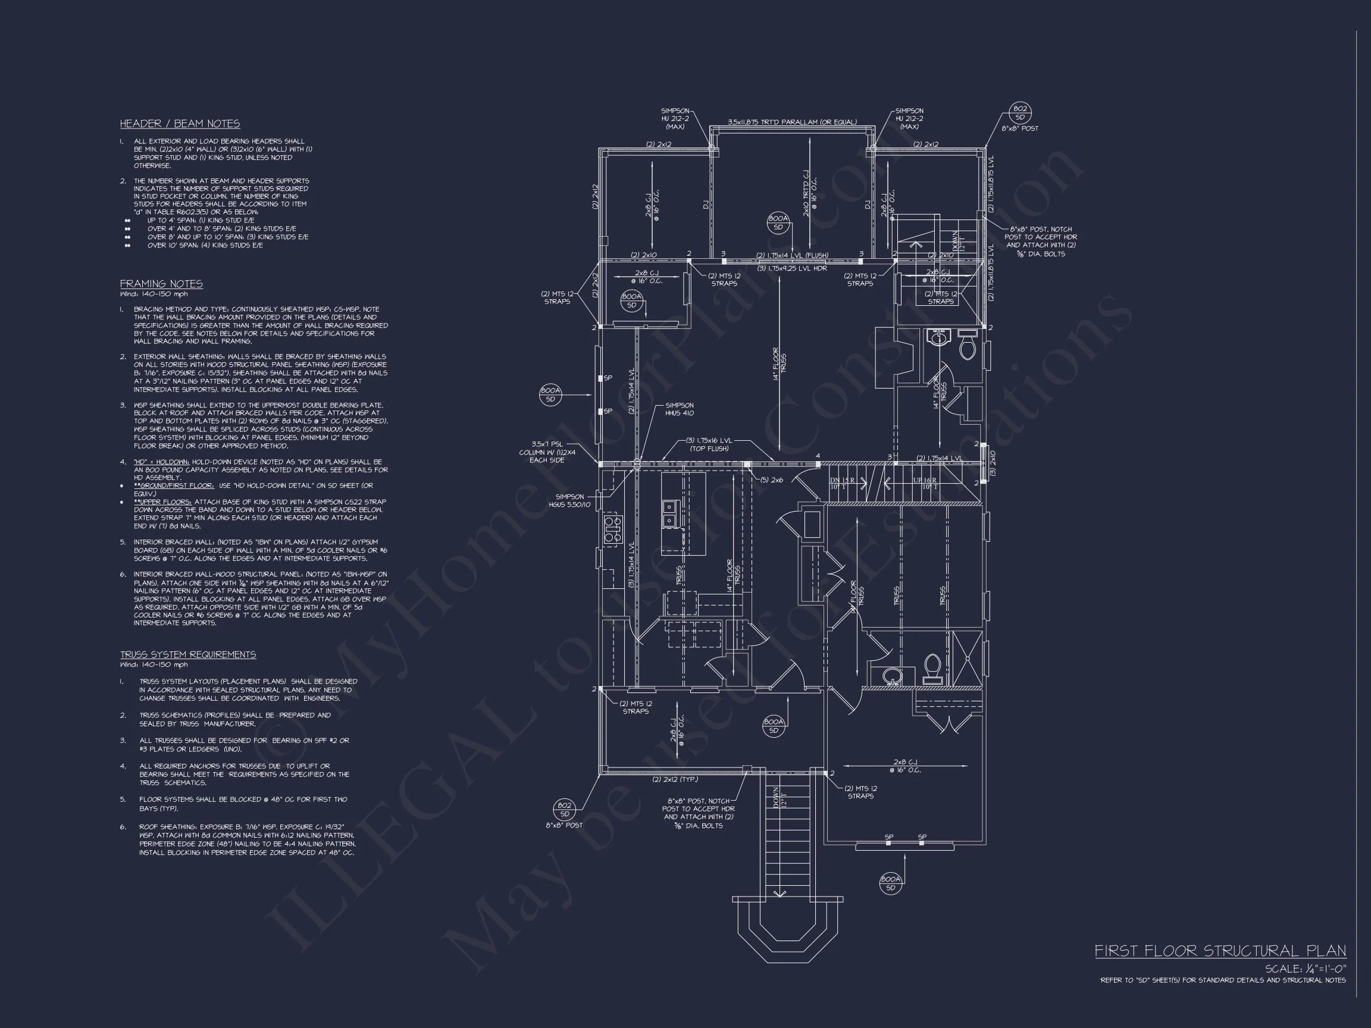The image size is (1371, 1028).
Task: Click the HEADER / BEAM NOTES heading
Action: click(x=180, y=124)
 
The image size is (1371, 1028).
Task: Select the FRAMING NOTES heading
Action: click(x=161, y=284)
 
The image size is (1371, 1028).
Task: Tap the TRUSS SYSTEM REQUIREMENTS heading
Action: click(x=188, y=655)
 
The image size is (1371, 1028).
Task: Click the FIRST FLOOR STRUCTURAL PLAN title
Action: click(x=1220, y=951)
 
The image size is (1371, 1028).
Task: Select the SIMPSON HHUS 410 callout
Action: click(x=680, y=409)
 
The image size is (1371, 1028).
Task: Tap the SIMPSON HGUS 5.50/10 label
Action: click(x=569, y=501)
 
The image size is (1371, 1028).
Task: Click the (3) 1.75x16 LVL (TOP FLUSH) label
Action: click(x=710, y=444)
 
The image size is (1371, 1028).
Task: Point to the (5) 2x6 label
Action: click(x=772, y=479)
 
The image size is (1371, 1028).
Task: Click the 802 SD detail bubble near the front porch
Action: click(x=564, y=809)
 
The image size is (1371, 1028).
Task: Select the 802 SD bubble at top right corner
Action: click(x=1019, y=113)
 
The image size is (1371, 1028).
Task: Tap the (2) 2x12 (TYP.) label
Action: click(x=675, y=779)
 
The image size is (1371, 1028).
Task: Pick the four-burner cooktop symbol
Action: click(x=612, y=529)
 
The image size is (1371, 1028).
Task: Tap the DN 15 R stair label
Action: click(x=843, y=480)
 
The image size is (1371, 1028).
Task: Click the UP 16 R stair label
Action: click(x=925, y=480)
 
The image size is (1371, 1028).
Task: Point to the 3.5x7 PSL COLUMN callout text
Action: click(x=547, y=452)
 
